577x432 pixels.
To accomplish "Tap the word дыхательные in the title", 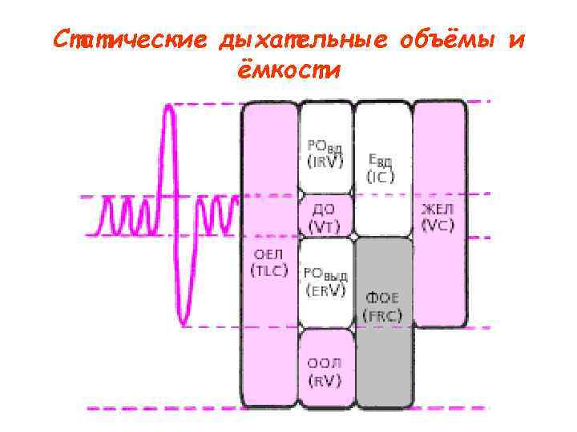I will pyautogui.click(x=296, y=40).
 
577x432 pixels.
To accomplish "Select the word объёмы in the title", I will pyautogui.click(x=442, y=40).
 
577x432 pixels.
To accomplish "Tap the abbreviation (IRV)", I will pyautogui.click(x=325, y=162).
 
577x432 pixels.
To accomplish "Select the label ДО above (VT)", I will pyautogui.click(x=325, y=210).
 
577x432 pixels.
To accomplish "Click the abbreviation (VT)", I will pyautogui.click(x=325, y=226).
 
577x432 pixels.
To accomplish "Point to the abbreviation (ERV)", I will pyautogui.click(x=325, y=290).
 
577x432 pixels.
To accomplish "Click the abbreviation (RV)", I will pyautogui.click(x=325, y=381).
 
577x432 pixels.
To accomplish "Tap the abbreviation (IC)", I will pyautogui.click(x=380, y=178).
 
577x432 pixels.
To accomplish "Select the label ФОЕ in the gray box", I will pyautogui.click(x=384, y=298).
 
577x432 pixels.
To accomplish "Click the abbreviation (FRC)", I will pyautogui.click(x=384, y=314).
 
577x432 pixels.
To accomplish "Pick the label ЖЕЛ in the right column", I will pyautogui.click(x=438, y=210).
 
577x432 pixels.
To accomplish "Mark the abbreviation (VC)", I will pyautogui.click(x=438, y=226).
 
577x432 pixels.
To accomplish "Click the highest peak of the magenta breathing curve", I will pyautogui.click(x=168, y=106).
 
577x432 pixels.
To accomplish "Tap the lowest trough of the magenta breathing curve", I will pyautogui.click(x=186, y=322).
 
